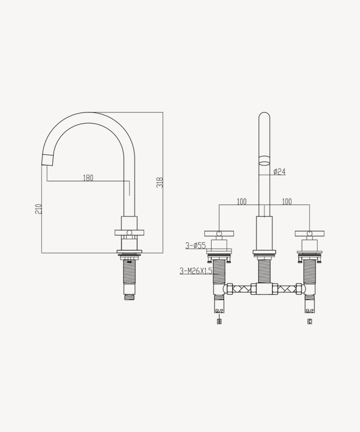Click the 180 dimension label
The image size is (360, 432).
tap(88, 178)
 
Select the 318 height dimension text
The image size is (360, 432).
tap(159, 182)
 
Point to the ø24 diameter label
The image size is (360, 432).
tap(279, 171)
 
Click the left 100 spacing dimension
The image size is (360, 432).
tap(241, 201)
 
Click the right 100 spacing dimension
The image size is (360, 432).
tap(287, 201)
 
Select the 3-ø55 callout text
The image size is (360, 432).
tap(195, 246)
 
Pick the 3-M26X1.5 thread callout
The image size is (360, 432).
tap(196, 271)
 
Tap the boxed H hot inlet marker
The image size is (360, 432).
tap(219, 321)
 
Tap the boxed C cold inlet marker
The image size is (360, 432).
tap(309, 321)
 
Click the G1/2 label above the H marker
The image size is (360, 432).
tap(219, 311)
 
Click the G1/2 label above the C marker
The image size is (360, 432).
tap(309, 311)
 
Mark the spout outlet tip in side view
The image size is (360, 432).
tap(48, 158)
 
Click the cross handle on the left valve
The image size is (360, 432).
tap(219, 233)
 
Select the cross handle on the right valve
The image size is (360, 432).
tap(309, 233)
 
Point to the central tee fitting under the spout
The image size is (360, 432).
tap(264, 289)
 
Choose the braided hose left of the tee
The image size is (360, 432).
tap(242, 289)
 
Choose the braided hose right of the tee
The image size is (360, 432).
tap(286, 289)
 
